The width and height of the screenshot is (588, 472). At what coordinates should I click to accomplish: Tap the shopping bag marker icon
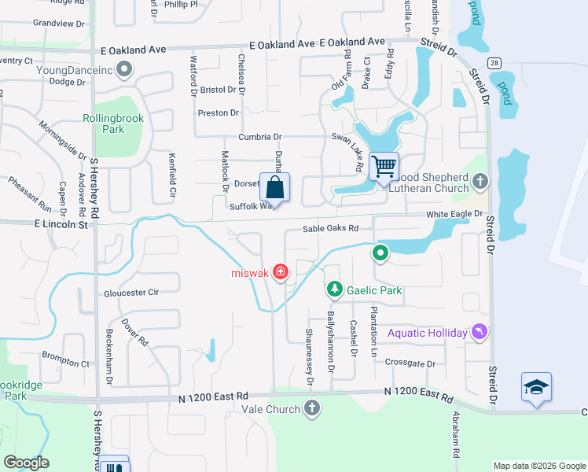click(x=274, y=188)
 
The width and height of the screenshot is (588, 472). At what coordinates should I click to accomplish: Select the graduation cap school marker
click(x=536, y=387)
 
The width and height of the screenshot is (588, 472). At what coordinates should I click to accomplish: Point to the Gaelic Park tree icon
click(x=335, y=290)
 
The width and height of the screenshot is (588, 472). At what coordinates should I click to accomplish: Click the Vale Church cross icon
click(x=312, y=408)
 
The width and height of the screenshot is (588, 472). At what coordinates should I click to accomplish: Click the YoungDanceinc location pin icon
click(x=123, y=70)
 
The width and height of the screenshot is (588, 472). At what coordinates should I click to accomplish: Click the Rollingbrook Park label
click(x=114, y=124)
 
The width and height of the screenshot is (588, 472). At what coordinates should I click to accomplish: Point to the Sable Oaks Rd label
click(x=331, y=228)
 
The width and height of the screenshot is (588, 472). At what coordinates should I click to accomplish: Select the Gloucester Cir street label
click(x=131, y=293)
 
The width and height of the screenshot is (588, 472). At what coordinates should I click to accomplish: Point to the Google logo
click(x=27, y=463)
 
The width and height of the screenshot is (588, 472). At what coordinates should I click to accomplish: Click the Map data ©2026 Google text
click(x=538, y=466)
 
